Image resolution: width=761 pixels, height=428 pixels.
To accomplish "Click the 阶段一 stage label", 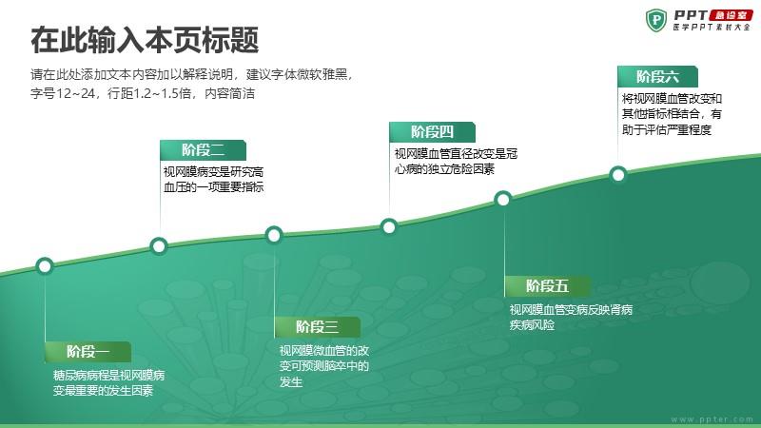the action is [88, 351].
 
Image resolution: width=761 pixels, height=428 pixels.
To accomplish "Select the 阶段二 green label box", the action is [203, 150].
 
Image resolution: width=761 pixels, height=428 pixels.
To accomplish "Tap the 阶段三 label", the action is [318, 327].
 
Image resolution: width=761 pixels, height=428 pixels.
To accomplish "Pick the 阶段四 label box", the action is [432, 132].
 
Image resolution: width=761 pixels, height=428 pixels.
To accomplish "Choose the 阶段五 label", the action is [548, 286].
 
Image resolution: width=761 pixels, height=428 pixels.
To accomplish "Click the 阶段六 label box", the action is [657, 77].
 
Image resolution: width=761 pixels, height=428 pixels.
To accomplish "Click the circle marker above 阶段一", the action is [45, 266].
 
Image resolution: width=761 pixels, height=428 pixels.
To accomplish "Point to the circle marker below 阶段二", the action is [159, 246].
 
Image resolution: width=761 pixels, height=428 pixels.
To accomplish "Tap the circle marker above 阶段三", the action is [274, 235].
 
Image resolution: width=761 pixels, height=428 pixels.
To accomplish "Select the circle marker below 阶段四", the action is [389, 226].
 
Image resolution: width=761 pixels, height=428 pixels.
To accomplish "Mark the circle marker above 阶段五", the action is [503, 199].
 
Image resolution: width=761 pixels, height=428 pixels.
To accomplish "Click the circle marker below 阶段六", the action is [618, 174].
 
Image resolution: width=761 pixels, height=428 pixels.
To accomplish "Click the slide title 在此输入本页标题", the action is [145, 40].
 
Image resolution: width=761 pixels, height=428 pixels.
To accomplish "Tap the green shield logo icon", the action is [656, 20].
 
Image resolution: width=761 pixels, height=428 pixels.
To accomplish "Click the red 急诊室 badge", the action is [731, 15].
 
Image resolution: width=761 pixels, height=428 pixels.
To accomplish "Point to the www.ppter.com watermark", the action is [712, 419].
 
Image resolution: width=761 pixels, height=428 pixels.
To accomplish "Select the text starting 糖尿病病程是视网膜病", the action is [108, 383].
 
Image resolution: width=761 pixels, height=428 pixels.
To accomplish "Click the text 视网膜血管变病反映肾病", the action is [571, 310].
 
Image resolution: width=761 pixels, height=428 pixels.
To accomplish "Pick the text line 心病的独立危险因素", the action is [444, 169].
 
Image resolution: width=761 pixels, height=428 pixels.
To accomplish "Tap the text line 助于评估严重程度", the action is [667, 130].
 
